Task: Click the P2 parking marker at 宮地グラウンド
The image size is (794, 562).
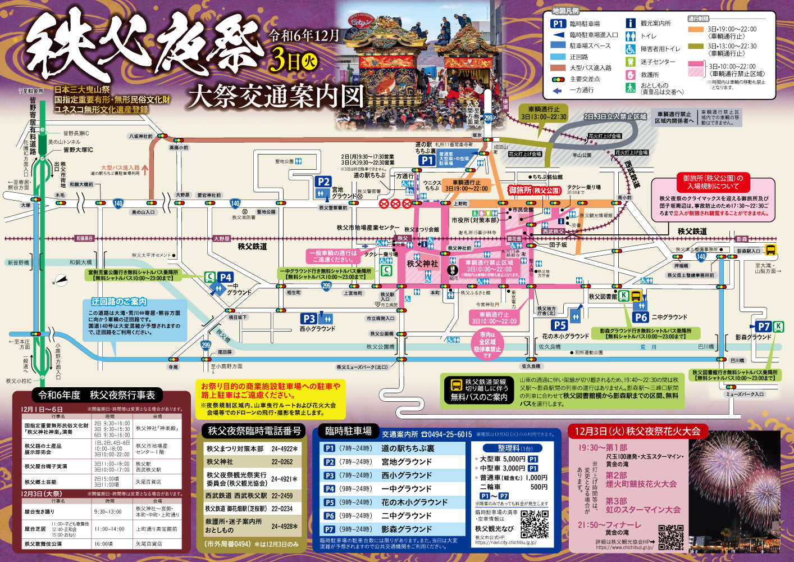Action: (323, 182)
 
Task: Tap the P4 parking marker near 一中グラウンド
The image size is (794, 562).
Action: (225, 277)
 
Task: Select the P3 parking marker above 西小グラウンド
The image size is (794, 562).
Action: (308, 319)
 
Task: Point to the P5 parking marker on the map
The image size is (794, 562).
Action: (559, 325)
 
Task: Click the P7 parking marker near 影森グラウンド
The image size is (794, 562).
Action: (763, 327)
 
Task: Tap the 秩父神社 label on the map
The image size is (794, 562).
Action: (422, 264)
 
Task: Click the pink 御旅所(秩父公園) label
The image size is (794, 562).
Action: (534, 191)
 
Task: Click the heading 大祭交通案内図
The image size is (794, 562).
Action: (276, 96)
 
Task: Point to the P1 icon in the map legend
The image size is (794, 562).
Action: (558, 24)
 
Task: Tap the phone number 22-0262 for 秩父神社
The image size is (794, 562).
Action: (282, 461)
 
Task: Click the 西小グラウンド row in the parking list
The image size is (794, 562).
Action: (393, 475)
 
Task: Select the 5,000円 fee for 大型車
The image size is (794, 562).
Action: (514, 459)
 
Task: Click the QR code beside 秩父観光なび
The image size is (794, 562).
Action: (534, 524)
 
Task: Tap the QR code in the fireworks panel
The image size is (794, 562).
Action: (670, 537)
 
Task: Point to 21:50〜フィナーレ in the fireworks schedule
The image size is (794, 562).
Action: (609, 525)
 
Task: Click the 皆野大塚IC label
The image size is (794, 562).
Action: (78, 149)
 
